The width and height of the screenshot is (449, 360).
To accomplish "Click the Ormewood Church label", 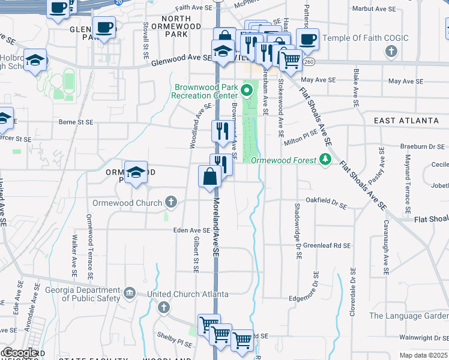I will point(127,203).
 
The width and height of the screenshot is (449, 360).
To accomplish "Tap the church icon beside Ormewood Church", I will point(171,202).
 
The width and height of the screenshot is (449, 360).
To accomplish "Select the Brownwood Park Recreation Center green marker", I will point(246,91).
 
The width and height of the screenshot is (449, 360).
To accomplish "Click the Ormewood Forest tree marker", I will point(325,160).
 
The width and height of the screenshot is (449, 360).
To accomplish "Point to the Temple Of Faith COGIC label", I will point(366,38).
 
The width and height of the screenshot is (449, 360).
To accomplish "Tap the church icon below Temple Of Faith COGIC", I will point(391,51).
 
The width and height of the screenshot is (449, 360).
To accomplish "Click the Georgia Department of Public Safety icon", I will point(129,293).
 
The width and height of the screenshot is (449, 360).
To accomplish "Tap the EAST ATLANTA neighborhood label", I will point(406,121).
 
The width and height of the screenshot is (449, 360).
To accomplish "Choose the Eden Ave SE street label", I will point(191,230).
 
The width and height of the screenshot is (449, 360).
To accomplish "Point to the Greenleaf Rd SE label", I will point(326,245).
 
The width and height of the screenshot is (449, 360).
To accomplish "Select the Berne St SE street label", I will point(76,122).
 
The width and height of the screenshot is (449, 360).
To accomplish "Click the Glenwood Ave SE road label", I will point(181,60).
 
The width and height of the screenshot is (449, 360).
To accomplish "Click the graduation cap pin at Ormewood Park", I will point(136,172).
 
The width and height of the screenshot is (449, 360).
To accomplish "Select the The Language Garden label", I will point(408,316).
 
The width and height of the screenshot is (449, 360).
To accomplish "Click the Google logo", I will point(20,353).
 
